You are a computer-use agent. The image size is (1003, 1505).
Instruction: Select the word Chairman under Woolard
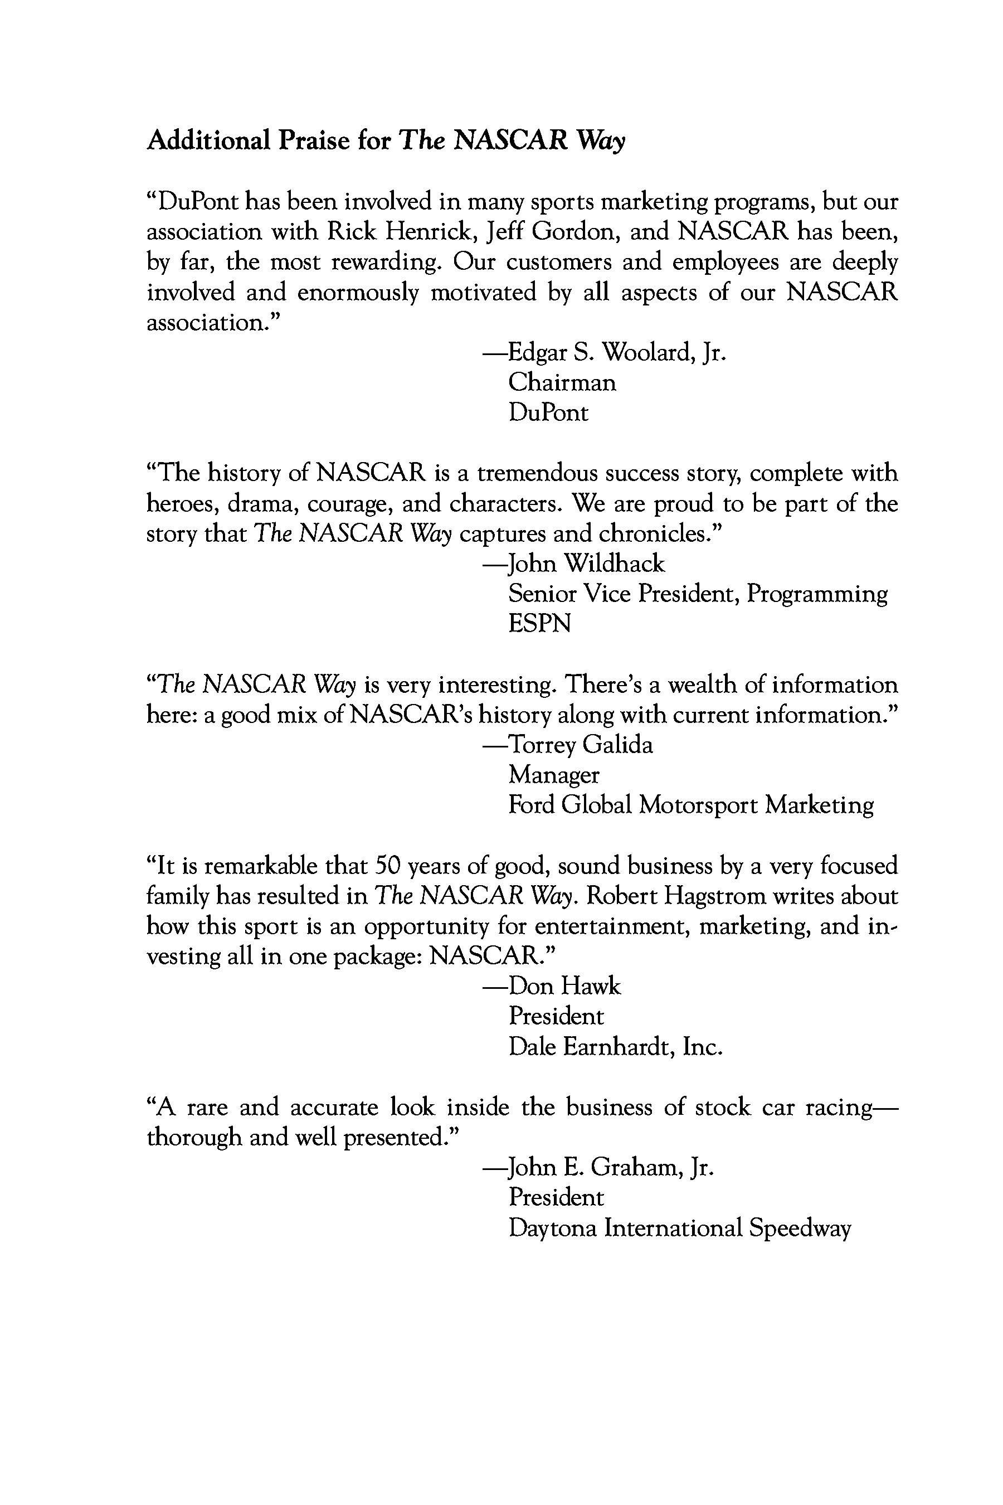562,382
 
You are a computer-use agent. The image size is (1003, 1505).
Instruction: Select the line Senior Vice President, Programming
698,594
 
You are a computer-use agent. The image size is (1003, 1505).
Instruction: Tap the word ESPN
539,624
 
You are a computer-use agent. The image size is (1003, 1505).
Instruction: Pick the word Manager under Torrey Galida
554,775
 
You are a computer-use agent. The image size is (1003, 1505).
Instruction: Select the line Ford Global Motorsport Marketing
691,805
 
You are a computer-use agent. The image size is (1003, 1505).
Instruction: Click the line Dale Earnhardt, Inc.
615,1047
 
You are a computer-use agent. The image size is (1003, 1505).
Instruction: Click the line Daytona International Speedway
680,1228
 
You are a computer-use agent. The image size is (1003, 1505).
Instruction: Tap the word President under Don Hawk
556,1017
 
